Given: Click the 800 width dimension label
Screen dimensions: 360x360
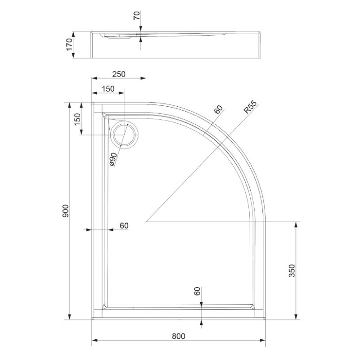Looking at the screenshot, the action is pos(178,336).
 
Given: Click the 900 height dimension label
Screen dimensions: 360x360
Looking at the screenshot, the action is pos(66,211).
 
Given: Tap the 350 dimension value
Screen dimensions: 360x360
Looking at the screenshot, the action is pos(292,271).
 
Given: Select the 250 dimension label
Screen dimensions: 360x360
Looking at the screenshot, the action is pos(119,74).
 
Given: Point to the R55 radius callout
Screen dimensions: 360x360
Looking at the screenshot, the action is pos(250,107).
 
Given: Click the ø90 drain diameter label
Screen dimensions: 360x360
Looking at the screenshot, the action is pos(113,159).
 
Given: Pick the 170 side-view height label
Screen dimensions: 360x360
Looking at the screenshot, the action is pos(69,45).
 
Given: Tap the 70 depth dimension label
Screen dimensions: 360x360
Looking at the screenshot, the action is pos(137,16).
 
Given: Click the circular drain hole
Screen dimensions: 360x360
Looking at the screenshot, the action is pos(125,135).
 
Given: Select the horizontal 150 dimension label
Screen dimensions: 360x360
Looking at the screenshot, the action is pos(108,89).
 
